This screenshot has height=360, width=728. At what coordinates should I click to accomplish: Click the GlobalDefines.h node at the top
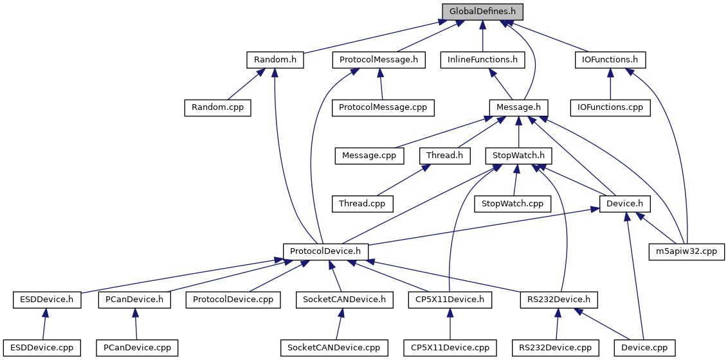[x=482, y=12]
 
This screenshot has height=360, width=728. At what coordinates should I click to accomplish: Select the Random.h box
[x=275, y=60]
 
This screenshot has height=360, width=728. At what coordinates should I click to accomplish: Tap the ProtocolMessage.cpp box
[x=383, y=107]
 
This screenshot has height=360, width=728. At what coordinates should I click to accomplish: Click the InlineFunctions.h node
[x=482, y=60]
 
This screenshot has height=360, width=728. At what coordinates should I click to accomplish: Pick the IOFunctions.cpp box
[x=610, y=107]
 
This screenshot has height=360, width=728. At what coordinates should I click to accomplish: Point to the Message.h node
[x=518, y=107]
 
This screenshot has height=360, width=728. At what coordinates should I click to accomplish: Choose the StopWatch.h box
[x=518, y=155]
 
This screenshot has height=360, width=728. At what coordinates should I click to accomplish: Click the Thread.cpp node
[x=362, y=203]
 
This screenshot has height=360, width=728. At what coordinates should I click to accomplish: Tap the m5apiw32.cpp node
[x=687, y=251]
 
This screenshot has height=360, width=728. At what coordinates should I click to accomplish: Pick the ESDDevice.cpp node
[x=42, y=348]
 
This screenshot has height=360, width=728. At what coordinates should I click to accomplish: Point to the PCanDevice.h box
[x=134, y=299]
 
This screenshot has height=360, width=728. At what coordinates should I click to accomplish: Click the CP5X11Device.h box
[x=450, y=299]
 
